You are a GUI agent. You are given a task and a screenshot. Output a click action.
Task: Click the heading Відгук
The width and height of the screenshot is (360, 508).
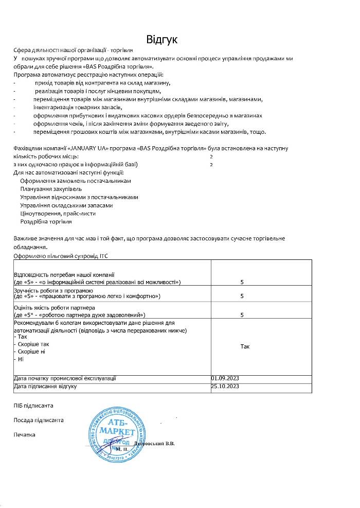161,40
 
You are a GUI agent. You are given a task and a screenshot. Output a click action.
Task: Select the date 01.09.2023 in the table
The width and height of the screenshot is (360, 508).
225,378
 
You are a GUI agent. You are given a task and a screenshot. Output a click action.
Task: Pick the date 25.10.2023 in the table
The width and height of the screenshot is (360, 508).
225,386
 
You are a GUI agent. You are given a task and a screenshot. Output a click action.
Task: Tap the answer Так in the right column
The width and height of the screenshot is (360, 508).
245,347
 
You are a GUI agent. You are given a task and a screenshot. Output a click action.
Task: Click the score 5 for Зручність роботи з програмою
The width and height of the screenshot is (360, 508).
242,296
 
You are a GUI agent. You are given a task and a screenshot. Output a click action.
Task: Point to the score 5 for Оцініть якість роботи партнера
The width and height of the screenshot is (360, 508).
242,314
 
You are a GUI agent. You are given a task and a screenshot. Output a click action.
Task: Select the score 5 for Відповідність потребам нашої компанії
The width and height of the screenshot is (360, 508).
242,282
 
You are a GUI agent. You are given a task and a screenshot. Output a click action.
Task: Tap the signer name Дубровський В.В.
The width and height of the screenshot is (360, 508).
154,443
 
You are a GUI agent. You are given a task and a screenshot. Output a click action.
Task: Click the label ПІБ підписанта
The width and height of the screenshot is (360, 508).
33,406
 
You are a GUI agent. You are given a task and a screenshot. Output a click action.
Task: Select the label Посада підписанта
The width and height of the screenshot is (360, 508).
39,420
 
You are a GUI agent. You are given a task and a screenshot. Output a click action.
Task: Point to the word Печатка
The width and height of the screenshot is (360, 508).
25,435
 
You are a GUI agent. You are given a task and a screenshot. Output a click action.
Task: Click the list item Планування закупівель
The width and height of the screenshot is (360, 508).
51,189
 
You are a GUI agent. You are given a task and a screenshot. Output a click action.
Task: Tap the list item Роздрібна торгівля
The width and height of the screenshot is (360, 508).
46,221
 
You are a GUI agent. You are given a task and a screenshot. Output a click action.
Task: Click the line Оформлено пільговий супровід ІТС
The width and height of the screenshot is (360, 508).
61,255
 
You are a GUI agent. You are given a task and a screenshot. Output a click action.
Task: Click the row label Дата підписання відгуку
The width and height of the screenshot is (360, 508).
45,386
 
